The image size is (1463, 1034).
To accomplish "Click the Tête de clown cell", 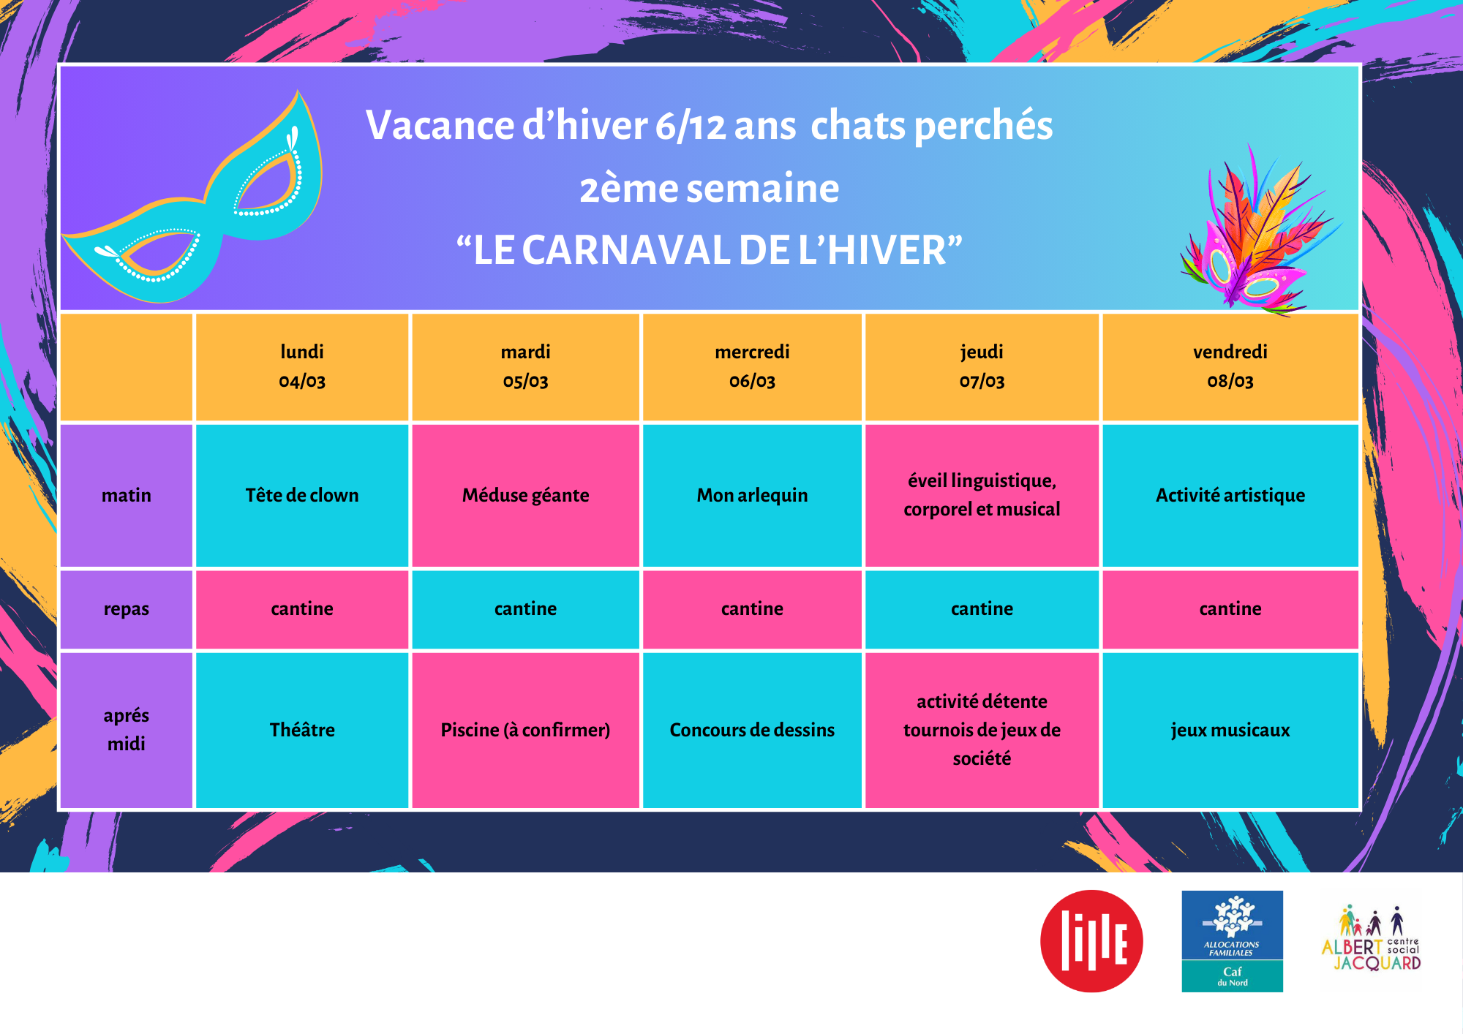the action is (302, 495).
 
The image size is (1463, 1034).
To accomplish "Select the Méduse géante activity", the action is (525, 495).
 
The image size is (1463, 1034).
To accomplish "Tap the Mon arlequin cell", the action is (752, 495).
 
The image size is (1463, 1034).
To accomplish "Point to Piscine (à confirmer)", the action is (525, 730).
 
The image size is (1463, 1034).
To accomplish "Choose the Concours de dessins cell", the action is (752, 730).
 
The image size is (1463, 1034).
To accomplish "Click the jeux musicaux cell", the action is (1230, 730).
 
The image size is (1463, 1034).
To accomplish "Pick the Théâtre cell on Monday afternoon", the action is (302, 730).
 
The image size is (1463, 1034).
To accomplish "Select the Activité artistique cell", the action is (1230, 495).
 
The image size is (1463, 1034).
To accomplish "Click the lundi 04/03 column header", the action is (302, 366).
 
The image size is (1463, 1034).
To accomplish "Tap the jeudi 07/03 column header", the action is (982, 366).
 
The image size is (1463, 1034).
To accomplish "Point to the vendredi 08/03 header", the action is (1230, 366).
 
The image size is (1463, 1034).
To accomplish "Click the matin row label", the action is (127, 495).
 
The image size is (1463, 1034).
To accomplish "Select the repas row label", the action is (127, 608).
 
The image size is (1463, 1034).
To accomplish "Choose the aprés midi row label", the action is (127, 730).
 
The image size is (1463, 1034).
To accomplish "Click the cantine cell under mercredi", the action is (752, 608).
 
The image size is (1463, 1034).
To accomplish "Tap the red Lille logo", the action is (1091, 941).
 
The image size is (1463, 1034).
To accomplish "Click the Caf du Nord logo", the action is (1233, 941).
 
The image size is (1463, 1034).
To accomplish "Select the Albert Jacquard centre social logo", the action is (1372, 940).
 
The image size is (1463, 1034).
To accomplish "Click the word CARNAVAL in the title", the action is (626, 250).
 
